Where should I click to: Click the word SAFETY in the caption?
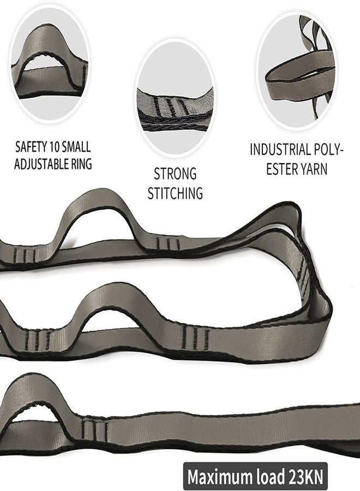(31, 147)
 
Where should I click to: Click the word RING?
(81, 164)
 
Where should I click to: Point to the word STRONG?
(175, 174)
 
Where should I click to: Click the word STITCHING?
(175, 193)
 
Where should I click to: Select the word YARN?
(314, 169)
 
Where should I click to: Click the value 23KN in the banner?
(305, 477)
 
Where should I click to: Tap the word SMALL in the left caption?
(76, 147)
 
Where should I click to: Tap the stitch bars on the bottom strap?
(94, 429)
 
